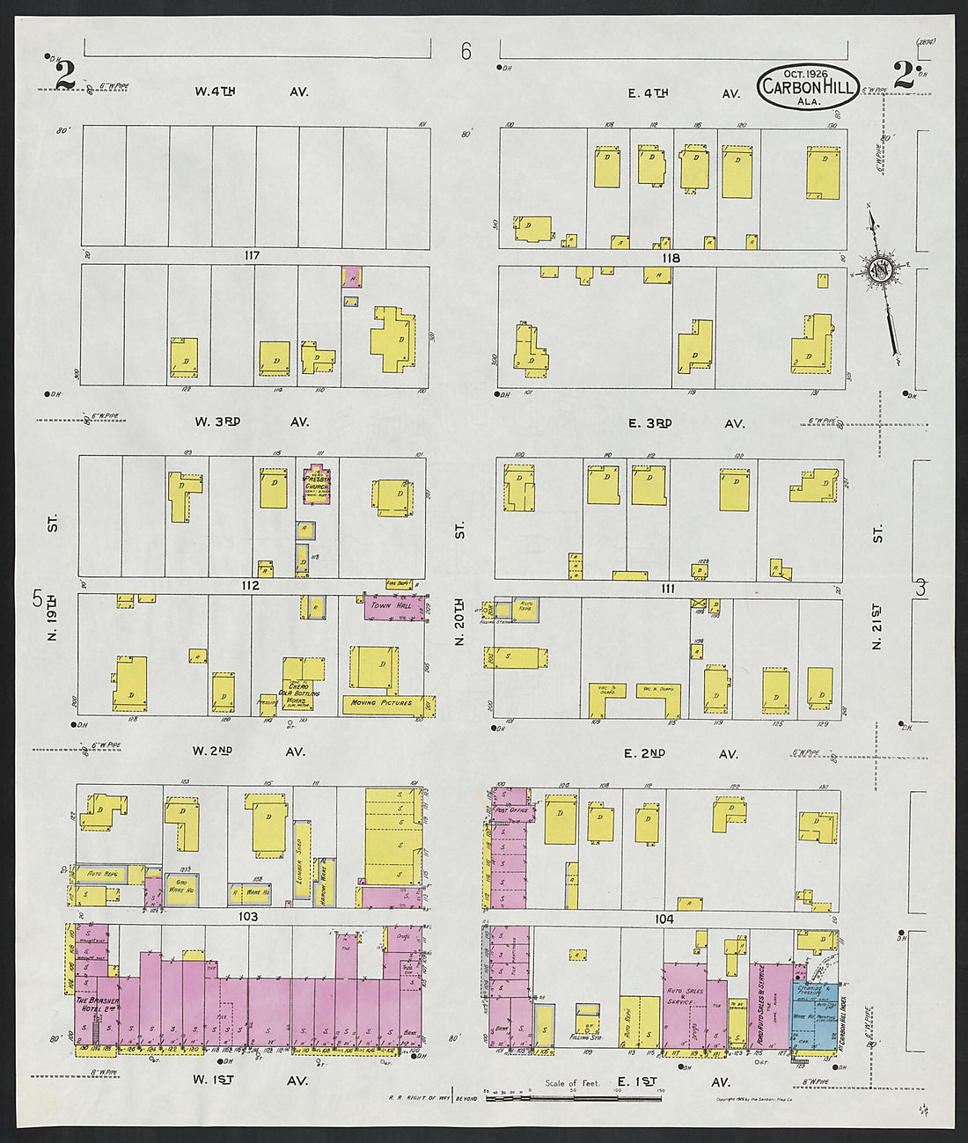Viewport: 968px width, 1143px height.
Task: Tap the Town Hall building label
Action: click(391, 606)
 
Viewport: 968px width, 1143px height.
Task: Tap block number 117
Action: click(253, 256)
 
